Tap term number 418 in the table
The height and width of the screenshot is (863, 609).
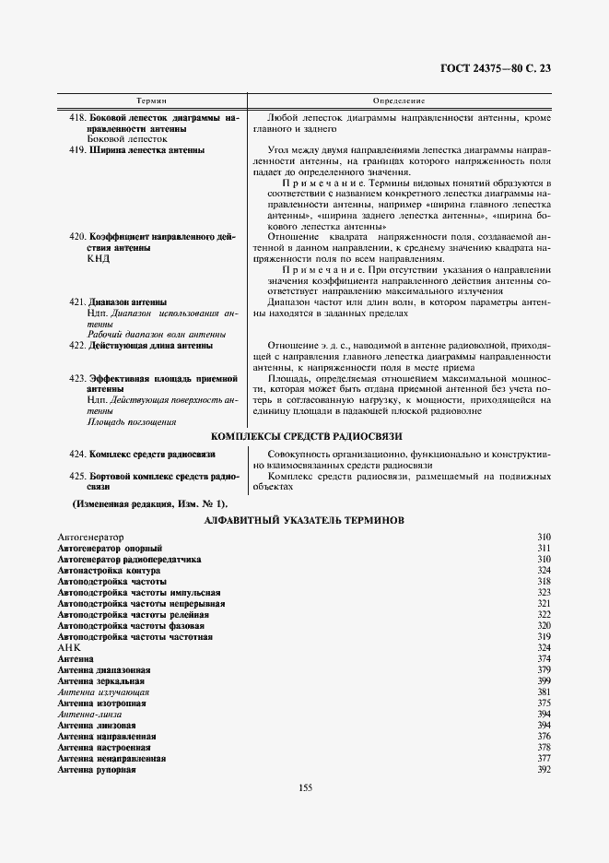coord(77,119)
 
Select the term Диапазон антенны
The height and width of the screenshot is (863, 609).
coord(128,301)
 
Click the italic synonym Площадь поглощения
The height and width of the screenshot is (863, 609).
coord(132,421)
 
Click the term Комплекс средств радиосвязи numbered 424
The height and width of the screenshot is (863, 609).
coord(152,455)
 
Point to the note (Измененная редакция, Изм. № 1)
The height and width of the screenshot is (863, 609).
coord(150,503)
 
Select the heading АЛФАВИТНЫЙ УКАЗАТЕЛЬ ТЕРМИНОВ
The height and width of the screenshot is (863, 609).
coord(303,521)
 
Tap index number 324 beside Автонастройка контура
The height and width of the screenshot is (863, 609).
coord(543,571)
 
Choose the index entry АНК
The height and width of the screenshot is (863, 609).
coord(70,648)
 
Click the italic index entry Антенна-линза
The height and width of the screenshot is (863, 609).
coord(88,714)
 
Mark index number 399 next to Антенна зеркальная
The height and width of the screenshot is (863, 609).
coord(543,680)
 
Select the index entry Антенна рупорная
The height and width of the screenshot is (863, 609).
coord(97,769)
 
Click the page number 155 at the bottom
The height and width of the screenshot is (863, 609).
coord(306,786)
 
